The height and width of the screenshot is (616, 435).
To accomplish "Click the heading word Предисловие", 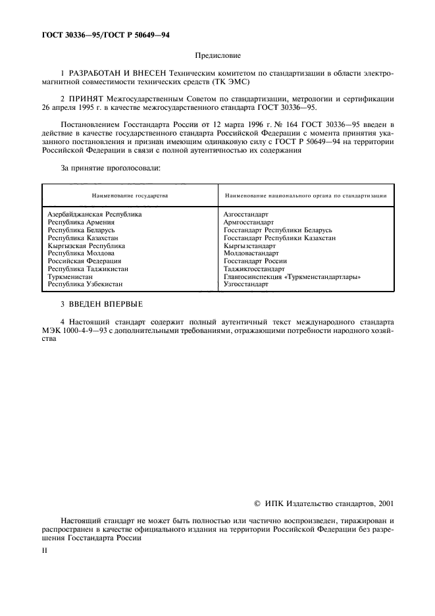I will (218, 57).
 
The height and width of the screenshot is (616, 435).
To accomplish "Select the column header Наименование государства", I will (130, 195).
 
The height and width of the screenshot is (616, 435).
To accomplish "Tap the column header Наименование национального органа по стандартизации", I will (305, 195).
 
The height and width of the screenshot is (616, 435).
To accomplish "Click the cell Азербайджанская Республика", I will (95, 215).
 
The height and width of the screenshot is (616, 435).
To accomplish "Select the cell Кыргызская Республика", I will (86, 245).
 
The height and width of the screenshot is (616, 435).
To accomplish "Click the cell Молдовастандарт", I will (251, 253).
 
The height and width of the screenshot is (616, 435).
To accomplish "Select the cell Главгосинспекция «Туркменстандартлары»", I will (292, 277).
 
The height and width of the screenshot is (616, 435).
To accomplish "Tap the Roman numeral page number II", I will (45, 550).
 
